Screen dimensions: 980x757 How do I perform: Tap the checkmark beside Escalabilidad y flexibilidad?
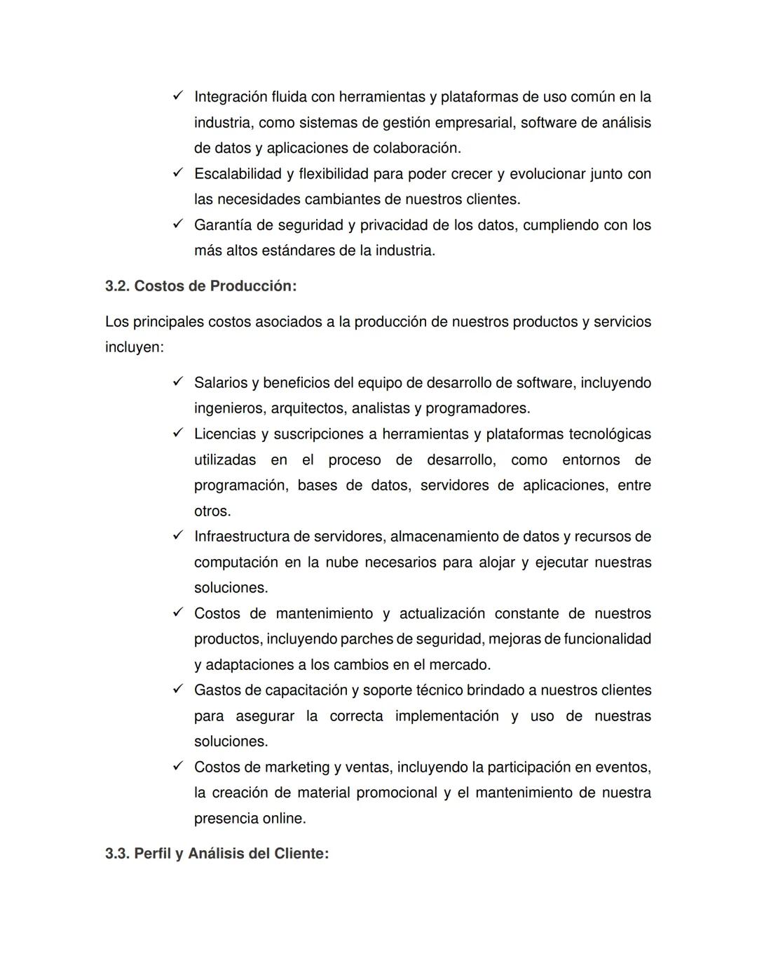178,173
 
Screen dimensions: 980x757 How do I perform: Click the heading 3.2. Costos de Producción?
200,286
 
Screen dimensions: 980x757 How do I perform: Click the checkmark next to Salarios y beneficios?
178,382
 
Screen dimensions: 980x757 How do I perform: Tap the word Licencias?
224,434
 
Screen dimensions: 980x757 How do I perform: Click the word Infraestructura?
241,537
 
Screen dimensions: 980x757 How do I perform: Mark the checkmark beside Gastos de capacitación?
178,689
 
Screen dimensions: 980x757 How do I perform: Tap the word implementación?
446,716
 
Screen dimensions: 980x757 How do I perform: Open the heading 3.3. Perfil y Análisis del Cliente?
217,854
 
